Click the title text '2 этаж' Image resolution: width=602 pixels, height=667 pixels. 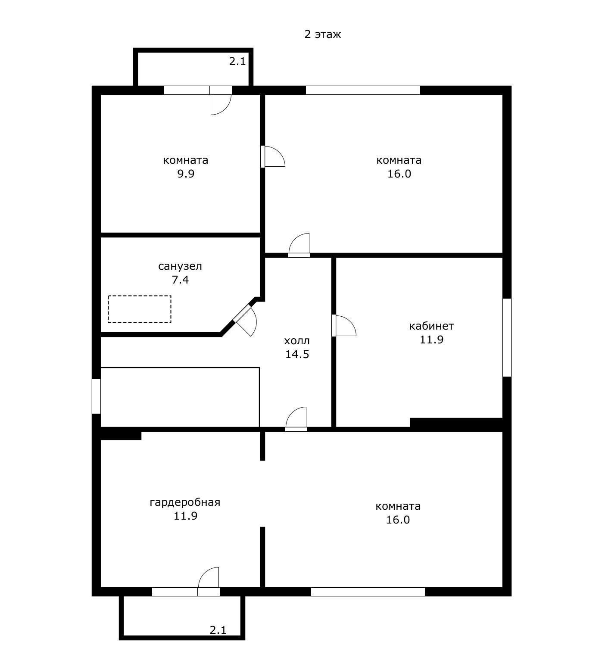point(322,34)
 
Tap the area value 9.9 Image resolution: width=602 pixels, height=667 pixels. point(186,174)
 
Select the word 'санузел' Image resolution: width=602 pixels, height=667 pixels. point(180,266)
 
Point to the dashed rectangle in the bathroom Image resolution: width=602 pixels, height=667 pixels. point(140,309)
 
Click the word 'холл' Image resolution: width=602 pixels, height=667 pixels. point(297,341)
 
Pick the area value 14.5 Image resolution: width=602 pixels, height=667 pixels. point(297,354)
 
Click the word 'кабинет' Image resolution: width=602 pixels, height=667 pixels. point(431,326)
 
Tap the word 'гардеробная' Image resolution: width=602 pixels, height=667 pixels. point(185,502)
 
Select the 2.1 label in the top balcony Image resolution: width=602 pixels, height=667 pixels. point(237,61)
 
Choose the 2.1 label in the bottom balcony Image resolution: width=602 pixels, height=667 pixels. point(218,630)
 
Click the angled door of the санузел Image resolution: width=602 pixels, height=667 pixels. point(245,320)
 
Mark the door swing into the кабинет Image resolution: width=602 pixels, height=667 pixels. point(344,325)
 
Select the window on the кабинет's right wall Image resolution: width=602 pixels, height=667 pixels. point(507,337)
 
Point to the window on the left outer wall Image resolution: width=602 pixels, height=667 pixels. point(97,396)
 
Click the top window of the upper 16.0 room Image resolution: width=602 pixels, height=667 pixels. point(363,90)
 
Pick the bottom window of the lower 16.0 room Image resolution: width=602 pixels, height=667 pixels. point(368,592)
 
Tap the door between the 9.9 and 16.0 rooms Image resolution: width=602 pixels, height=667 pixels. point(273,156)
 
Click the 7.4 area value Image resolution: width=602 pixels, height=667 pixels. point(180,280)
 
